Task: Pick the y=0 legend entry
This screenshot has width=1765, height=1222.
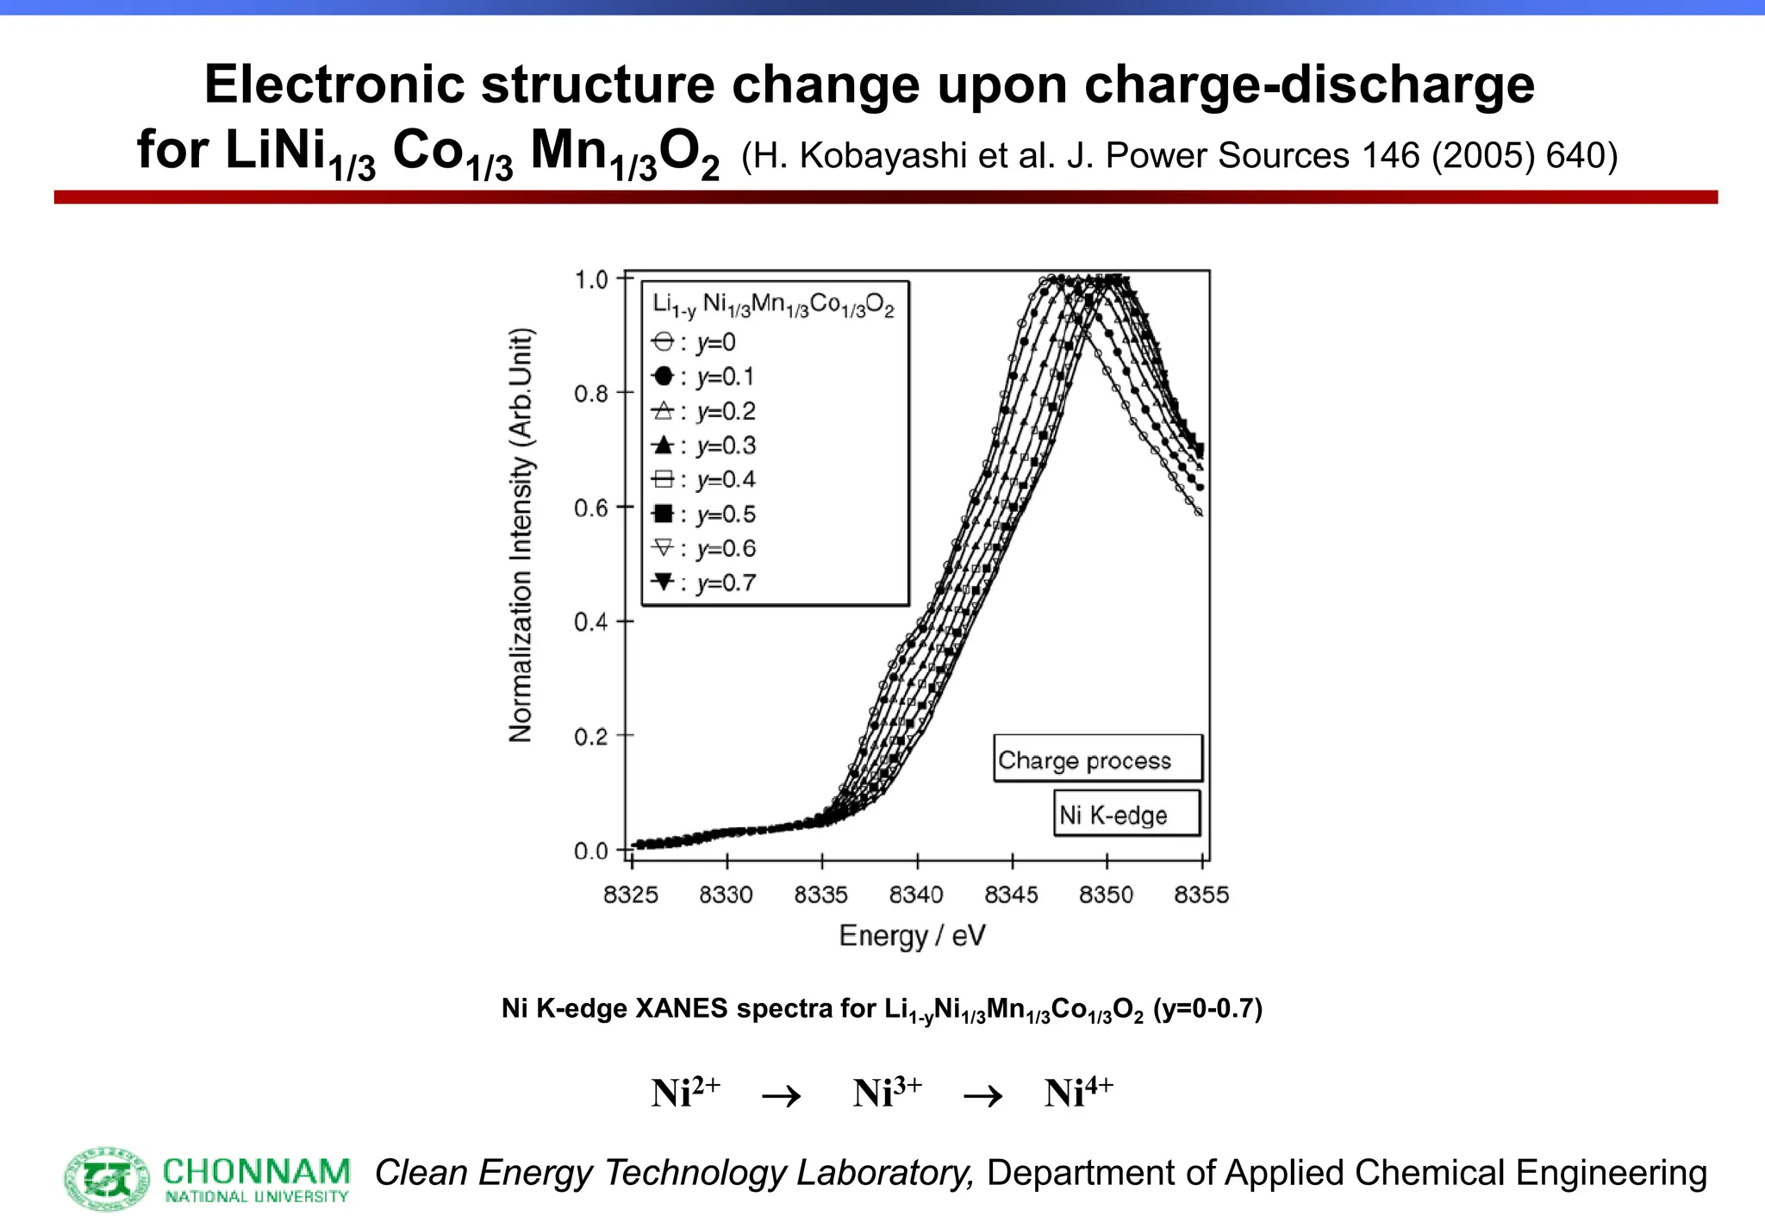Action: coord(695,343)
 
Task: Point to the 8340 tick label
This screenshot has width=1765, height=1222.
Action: coord(916,895)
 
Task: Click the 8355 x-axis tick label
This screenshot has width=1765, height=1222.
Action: coord(1201,895)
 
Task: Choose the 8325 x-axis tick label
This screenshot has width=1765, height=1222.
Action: coord(631,895)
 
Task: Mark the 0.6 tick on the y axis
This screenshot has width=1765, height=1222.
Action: coord(591,508)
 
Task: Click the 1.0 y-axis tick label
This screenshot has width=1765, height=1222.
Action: coord(591,279)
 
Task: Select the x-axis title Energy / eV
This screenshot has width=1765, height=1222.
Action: coord(912,936)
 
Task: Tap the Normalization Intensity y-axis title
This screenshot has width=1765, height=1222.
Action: coord(521,535)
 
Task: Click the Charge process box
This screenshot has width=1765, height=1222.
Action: coord(1097,759)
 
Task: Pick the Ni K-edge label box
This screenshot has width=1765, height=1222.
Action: coord(1126,814)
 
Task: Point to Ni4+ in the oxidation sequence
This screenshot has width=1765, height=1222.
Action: coord(1078,1093)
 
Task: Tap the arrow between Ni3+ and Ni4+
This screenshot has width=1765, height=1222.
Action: coord(982,1096)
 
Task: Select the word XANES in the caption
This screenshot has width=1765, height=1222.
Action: coord(681,1008)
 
